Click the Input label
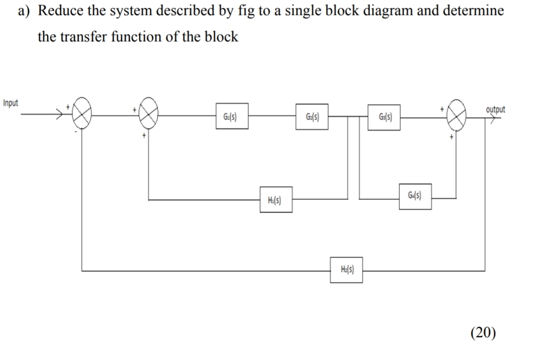pos(10,102)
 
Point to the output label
pos(496,109)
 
